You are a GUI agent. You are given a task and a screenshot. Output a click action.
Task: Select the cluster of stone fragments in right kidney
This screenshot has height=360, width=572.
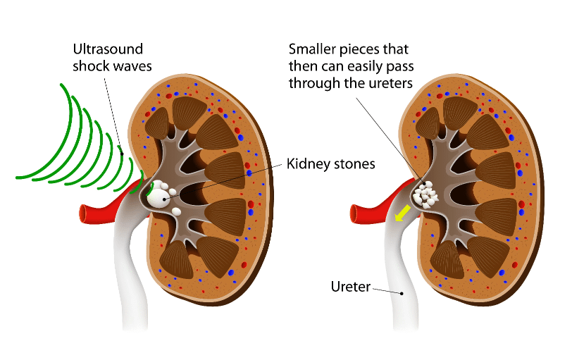point(428,194)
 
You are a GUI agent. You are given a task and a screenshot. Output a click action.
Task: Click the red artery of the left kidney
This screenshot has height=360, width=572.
point(106,209)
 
